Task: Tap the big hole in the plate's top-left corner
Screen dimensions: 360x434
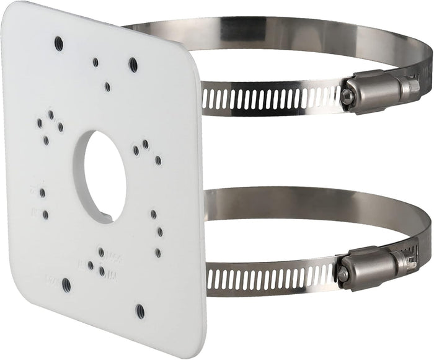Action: (58, 43)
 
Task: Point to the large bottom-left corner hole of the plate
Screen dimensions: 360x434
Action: (66, 285)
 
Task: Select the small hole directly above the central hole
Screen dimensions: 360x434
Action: (107, 87)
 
